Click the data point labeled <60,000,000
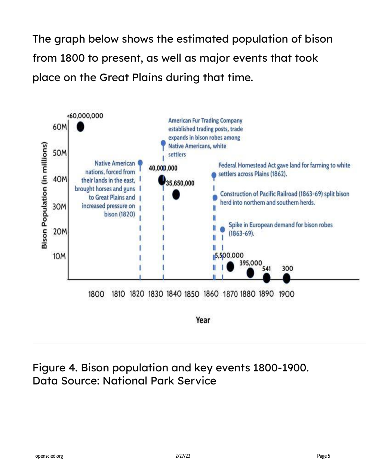tap(80, 127)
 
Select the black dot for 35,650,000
tap(176, 194)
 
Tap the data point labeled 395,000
tap(250, 273)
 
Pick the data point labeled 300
tap(286, 278)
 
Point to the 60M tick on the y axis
tap(60, 127)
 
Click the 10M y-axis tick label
tap(59, 256)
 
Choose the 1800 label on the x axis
tap(96, 294)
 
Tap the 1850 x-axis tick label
tap(192, 294)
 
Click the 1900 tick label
tap(286, 294)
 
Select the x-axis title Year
tap(203, 320)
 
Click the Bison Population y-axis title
tap(44, 195)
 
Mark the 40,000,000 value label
tap(163, 168)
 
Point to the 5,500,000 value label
tap(229, 256)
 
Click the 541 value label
tap(266, 269)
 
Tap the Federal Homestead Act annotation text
tap(284, 170)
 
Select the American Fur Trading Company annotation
tap(205, 137)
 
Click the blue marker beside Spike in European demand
tap(222, 229)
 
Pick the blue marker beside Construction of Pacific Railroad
tap(215, 197)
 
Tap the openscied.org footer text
tap(49, 456)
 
